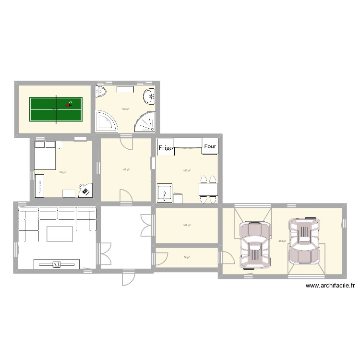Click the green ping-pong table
coord(56,109)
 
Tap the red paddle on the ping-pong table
coord(68,105)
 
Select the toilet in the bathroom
coord(102,92)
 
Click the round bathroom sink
coord(150,96)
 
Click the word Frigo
coord(165,148)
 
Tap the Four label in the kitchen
coord(210,146)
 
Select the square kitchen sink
coord(165,193)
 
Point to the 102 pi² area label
coord(187,225)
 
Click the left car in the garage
coord(254,245)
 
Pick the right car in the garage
coord(303,240)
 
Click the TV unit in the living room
coord(57,264)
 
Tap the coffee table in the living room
coord(60,233)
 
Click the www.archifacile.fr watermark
coord(330,286)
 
